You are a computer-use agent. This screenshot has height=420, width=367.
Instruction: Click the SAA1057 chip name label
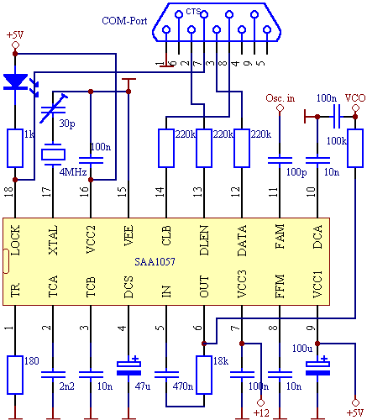(x=155, y=262)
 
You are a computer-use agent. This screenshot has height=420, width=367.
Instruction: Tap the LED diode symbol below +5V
(x=15, y=81)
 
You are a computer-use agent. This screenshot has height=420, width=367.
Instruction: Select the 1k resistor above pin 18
(x=15, y=148)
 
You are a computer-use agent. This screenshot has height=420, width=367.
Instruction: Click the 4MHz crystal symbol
(x=53, y=155)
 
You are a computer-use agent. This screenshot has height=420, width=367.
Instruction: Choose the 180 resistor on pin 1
(x=15, y=375)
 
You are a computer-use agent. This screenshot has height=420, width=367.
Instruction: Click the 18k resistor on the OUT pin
(x=204, y=375)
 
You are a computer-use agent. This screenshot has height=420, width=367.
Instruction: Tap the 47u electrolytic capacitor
(x=128, y=368)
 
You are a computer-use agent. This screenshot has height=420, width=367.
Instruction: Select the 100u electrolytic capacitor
(x=317, y=368)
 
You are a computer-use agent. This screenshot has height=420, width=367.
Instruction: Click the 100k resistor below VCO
(x=355, y=148)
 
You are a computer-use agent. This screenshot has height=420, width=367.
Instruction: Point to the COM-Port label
(x=124, y=21)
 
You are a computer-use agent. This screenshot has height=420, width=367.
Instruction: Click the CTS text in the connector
(x=193, y=12)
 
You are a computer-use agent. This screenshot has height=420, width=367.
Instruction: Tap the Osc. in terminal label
(x=280, y=98)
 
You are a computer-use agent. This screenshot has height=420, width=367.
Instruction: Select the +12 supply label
(x=261, y=412)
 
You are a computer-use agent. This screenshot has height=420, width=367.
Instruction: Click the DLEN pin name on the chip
(x=204, y=240)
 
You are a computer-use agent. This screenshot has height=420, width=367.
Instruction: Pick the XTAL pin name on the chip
(x=53, y=240)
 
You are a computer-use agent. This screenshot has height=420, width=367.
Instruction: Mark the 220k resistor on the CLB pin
(x=166, y=148)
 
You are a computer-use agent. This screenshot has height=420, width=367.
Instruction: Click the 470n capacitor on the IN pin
(x=166, y=375)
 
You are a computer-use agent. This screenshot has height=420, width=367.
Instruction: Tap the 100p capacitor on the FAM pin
(x=280, y=160)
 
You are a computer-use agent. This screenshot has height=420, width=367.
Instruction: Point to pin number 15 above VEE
(x=123, y=192)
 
